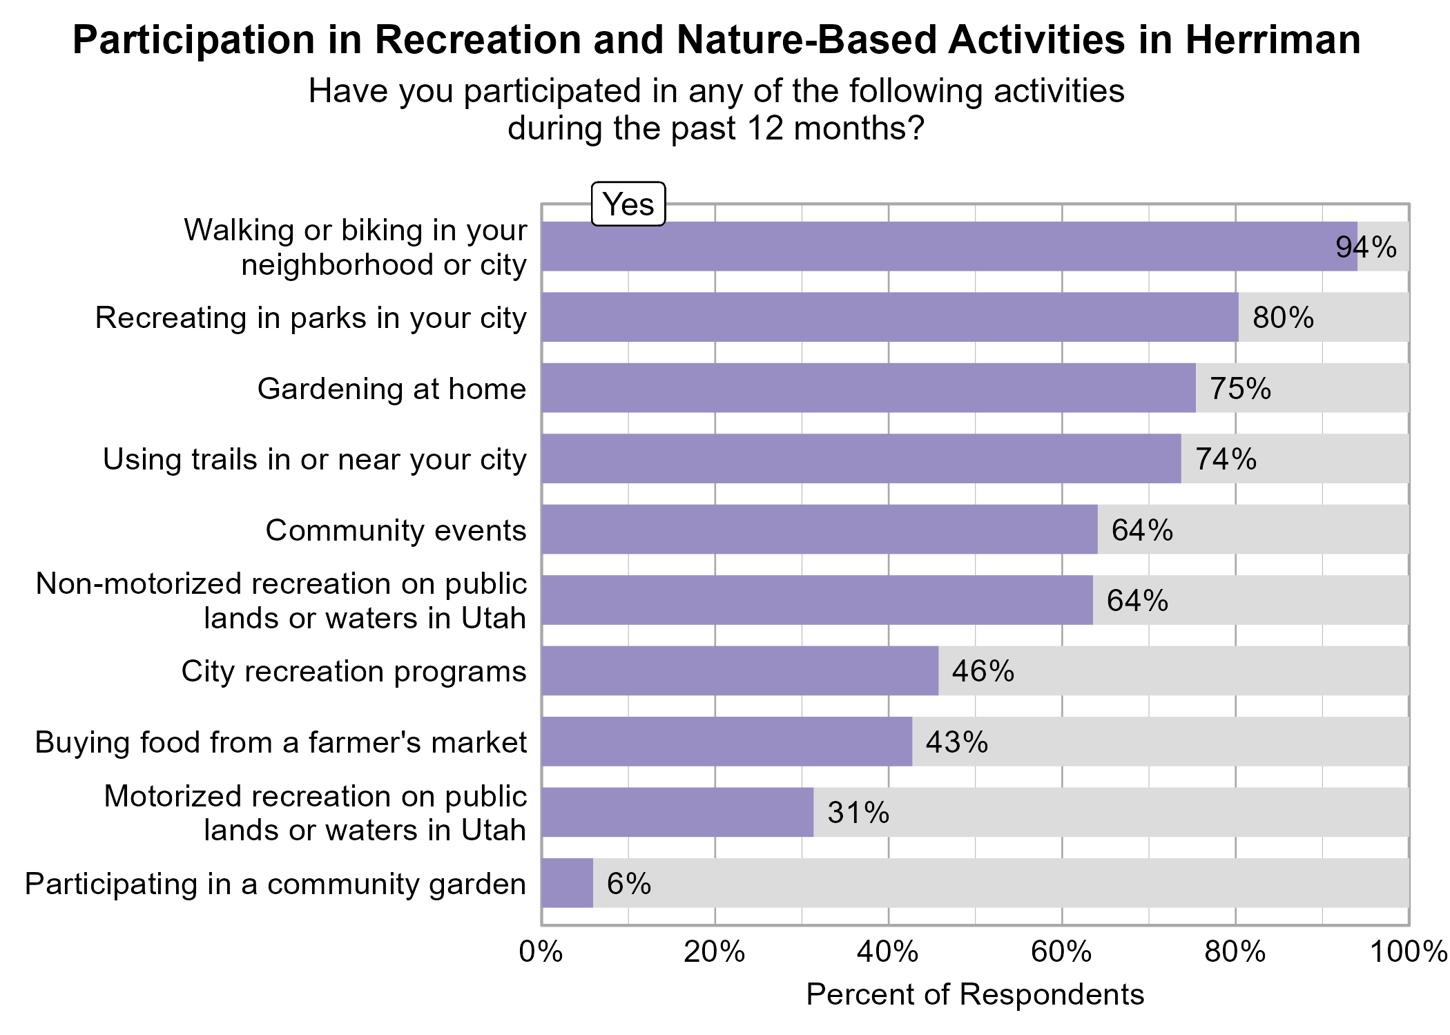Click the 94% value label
(1366, 247)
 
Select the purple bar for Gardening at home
(868, 388)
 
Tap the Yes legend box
(628, 204)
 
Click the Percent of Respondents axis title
(974, 994)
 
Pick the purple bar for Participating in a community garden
(567, 883)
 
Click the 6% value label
(628, 884)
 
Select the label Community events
(396, 530)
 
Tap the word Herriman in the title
(1273, 40)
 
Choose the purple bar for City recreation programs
(739, 671)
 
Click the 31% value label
(858, 813)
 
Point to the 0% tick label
(541, 952)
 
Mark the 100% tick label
(1409, 952)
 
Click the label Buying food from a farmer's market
(280, 742)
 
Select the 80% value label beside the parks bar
(1283, 318)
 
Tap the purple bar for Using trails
(861, 458)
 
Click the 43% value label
(956, 742)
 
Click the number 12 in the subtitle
(765, 128)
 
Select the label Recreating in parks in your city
(311, 318)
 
